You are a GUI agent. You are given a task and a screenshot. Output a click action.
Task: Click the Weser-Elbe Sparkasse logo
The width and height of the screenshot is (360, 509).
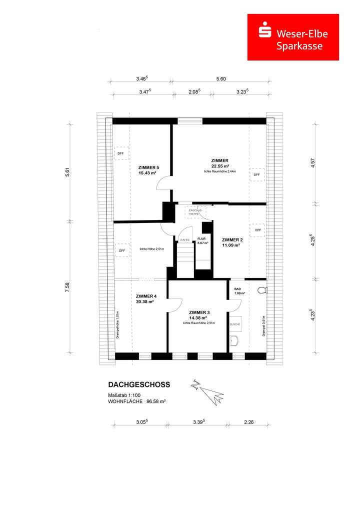click(293, 37)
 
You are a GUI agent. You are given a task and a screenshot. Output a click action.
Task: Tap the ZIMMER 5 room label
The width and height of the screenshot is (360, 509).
click(148, 167)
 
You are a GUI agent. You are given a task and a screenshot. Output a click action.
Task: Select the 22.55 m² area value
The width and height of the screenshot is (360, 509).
click(220, 166)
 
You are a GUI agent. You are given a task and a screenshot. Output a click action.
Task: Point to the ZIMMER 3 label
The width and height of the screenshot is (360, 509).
click(198, 312)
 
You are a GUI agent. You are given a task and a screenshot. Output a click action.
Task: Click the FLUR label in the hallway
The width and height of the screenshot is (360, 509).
click(202, 239)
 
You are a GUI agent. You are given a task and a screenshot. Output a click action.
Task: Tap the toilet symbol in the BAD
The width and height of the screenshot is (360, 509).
click(261, 289)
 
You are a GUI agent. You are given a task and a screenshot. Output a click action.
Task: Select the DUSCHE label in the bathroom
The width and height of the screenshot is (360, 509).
click(235, 324)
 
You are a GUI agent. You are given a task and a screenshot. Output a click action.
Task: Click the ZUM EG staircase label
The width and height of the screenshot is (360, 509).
click(184, 240)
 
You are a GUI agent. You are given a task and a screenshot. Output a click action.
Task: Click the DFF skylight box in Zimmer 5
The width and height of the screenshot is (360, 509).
click(121, 153)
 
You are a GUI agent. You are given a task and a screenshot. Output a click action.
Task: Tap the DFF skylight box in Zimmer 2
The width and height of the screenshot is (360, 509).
click(258, 230)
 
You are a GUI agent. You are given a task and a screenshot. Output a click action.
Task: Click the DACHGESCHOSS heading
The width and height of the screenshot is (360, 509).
click(139, 384)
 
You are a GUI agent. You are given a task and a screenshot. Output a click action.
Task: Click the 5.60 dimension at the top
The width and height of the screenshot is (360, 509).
click(221, 79)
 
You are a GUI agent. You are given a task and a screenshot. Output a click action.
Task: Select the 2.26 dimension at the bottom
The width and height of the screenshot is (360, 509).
click(248, 422)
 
